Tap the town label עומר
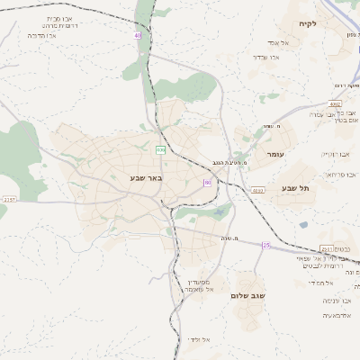pyautogui.click(x=274, y=154)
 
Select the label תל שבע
pyautogui.click(x=295, y=188)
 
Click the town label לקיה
pyautogui.click(x=309, y=22)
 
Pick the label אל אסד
pyautogui.click(x=276, y=42)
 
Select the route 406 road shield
pyautogui.click(x=160, y=149)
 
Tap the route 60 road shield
pyautogui.click(x=208, y=183)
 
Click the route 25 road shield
pyautogui.click(x=266, y=245)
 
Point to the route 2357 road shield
pyautogui.click(x=10, y=199)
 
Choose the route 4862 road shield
pyautogui.click(x=335, y=103)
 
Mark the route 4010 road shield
pyautogui.click(x=257, y=191)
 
